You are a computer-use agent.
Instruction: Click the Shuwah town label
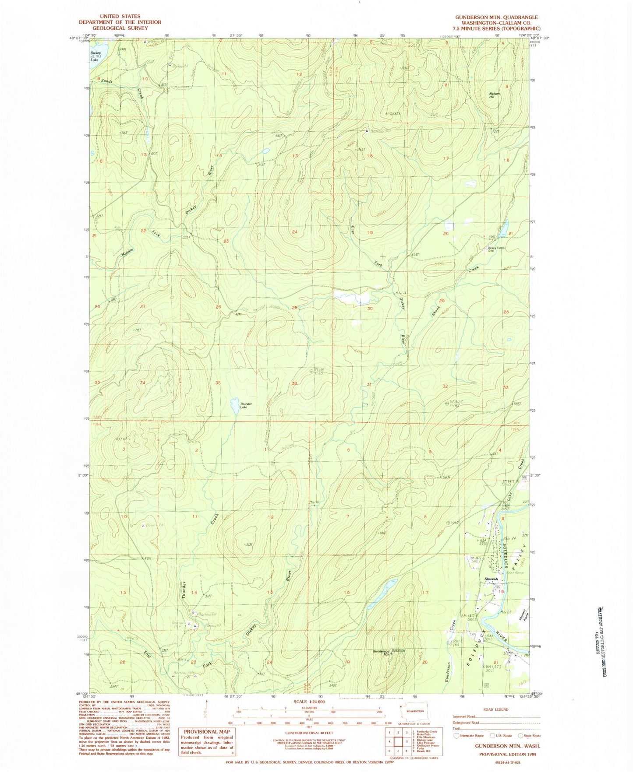tap(491, 579)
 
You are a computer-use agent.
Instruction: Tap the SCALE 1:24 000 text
tap(312, 701)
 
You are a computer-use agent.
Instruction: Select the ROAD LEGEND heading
tap(495, 709)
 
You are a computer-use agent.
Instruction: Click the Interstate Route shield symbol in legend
tap(457, 736)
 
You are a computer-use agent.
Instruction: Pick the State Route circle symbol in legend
tap(520, 736)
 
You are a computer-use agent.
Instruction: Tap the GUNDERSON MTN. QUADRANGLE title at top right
tap(496, 18)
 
